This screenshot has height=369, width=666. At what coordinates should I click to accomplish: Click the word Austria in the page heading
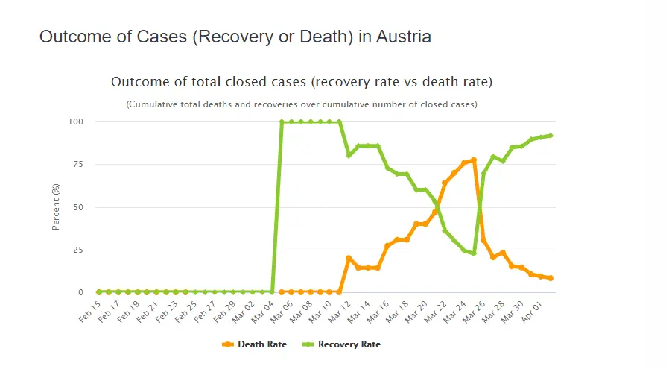[404, 37]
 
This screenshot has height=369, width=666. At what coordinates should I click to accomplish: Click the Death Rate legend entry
[254, 344]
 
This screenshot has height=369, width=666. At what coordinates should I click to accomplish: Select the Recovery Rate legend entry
[341, 344]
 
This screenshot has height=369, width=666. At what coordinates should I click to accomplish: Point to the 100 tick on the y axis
[75, 122]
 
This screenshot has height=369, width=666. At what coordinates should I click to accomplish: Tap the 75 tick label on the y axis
[78, 164]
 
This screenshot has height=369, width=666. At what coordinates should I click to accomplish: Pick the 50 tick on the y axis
[78, 207]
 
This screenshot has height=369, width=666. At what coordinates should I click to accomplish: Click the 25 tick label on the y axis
[78, 250]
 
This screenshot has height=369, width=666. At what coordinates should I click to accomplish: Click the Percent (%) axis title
[56, 207]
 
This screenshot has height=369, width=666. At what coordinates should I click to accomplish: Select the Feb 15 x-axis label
[89, 312]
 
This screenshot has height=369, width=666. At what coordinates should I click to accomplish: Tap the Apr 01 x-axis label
[532, 312]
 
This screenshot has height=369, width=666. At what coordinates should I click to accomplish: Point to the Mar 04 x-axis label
[262, 312]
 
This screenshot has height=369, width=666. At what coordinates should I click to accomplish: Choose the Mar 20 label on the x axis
[416, 312]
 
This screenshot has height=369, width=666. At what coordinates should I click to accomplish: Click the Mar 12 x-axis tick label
[340, 312]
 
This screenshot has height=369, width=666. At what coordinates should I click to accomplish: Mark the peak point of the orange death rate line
[474, 160]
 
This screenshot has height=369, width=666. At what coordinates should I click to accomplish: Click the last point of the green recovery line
[551, 136]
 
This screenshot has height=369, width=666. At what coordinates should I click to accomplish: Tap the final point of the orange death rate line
[551, 278]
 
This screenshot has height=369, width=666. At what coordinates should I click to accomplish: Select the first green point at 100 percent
[282, 122]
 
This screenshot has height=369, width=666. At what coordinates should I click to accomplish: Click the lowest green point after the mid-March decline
[474, 253]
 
